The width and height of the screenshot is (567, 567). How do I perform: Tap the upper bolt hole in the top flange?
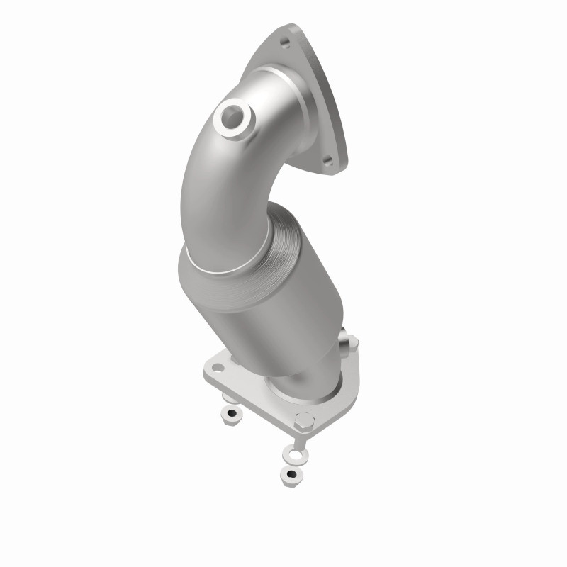[x=285, y=43]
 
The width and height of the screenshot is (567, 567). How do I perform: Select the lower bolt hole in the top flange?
[x=327, y=161]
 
